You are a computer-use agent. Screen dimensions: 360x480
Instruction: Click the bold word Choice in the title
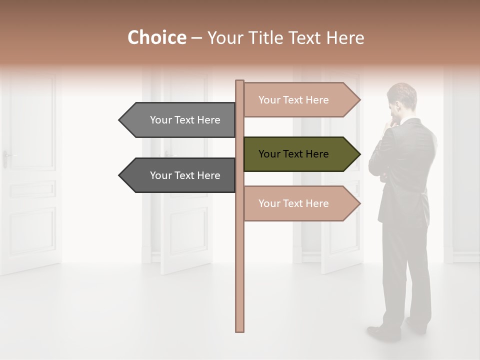click(156, 37)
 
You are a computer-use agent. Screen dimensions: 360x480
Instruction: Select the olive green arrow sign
click(300, 154)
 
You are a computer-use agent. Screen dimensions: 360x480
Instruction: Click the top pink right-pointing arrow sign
click(300, 100)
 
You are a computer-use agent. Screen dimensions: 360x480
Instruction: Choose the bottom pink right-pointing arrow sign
click(300, 203)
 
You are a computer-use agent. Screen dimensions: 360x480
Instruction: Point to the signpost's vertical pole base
click(239, 327)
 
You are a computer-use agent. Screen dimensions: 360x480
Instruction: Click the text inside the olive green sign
click(293, 154)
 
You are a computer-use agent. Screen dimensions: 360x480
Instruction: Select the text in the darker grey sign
click(185, 175)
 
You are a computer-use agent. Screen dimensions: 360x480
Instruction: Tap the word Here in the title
click(345, 37)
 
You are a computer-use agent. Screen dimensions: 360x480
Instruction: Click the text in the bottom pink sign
click(293, 203)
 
